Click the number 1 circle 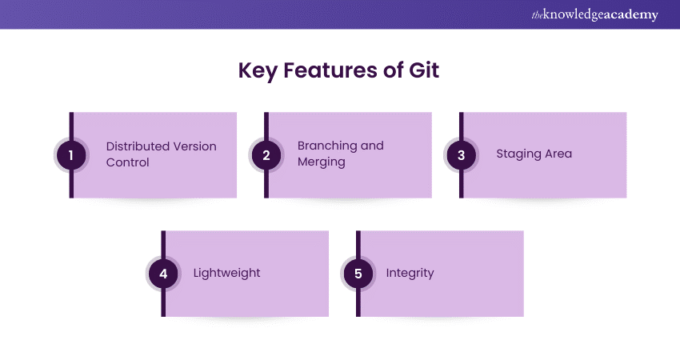(x=71, y=155)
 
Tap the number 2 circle (x=266, y=155)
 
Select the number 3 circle (x=462, y=155)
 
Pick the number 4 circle (x=163, y=274)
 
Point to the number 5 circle (x=358, y=274)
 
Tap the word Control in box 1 (x=128, y=162)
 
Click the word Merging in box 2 (x=322, y=162)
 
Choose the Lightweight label (x=227, y=273)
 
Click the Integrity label (x=410, y=273)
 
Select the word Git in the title (x=423, y=70)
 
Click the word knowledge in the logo (x=572, y=15)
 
